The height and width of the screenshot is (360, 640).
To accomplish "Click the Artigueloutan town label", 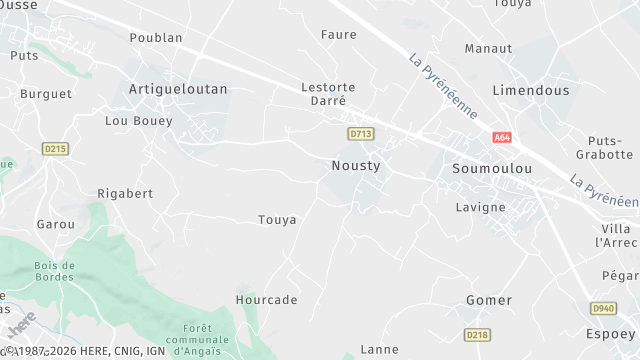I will point(178,89).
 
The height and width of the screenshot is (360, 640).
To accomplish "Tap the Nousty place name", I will point(355,165).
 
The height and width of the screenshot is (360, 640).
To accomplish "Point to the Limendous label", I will point(531,90).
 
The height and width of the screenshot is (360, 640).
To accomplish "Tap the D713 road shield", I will point(360,133).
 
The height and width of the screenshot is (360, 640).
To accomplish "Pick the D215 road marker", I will point(55,149).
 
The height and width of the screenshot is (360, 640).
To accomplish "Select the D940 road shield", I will point(603,308).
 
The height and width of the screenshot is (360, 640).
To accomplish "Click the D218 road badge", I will point(477,335).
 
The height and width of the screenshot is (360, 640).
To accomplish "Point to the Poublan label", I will point(156,38).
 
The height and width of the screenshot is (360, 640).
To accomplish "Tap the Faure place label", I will point(338,35).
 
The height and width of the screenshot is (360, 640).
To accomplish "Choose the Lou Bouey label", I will point(139,121).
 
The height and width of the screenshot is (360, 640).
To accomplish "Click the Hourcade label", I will point(266,300).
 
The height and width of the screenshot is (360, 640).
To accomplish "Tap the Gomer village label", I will point(489,300).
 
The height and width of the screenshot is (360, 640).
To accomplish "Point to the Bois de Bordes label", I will point(54,271).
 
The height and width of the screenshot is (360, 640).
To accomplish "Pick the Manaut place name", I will point(489,48).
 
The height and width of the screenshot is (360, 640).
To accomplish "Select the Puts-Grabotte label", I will point(605,147).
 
